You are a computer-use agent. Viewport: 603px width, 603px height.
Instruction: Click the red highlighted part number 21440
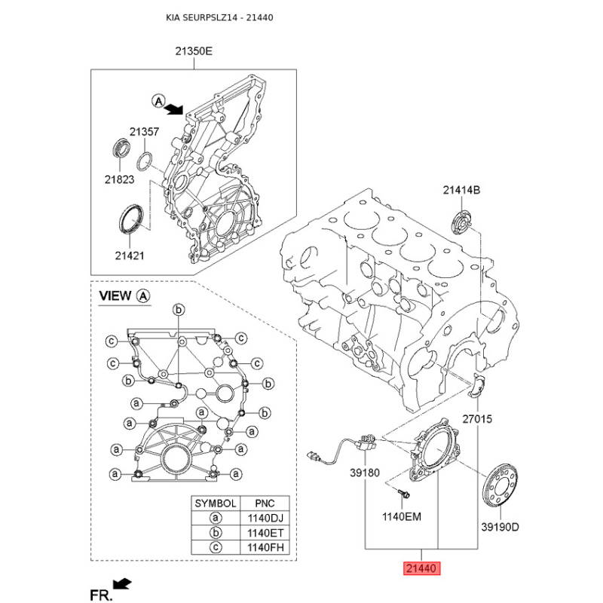coord(421,568)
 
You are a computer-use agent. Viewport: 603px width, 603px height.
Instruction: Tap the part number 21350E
coord(194,51)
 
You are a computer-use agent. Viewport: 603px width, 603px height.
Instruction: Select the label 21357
coord(144,132)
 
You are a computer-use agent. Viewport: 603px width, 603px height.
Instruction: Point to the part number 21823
coord(119,179)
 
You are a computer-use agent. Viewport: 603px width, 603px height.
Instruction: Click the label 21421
coord(130,256)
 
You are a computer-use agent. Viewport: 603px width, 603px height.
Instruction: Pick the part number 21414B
coord(461,190)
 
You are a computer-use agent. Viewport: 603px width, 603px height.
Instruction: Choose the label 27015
coord(477,419)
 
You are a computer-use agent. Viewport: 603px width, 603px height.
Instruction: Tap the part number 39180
coord(365,473)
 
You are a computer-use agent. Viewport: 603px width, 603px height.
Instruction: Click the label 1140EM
coord(402,516)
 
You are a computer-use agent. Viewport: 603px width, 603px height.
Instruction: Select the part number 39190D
coord(500,527)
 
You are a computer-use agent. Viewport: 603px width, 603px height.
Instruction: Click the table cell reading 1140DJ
coord(265,518)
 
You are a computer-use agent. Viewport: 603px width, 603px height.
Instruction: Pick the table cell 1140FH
coord(265,547)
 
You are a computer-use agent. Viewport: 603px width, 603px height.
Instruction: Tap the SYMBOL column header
coord(216,504)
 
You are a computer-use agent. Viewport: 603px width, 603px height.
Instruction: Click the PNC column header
coord(265,504)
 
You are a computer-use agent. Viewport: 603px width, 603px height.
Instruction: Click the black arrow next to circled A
coord(174,109)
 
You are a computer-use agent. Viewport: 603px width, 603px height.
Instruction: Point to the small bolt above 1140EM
coord(403,493)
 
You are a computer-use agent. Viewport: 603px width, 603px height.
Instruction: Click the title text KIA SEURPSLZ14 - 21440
coord(219,17)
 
